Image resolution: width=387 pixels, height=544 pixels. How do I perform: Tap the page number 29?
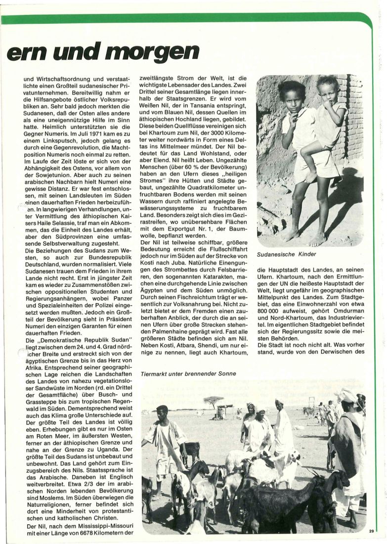pos(371,532)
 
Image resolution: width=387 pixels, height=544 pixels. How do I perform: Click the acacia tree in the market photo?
pos(214,401)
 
